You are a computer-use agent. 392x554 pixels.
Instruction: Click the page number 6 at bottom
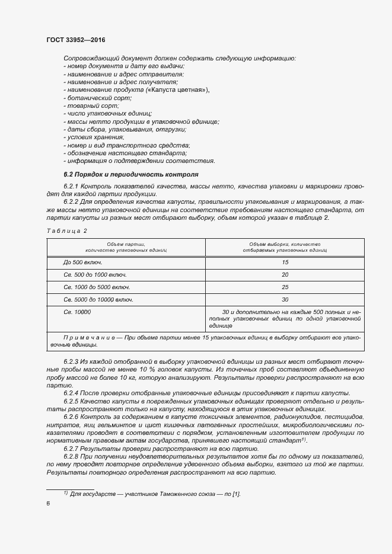click(x=48, y=503)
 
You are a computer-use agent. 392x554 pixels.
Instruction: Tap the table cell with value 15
click(x=285, y=261)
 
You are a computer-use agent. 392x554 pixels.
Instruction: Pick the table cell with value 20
click(x=285, y=274)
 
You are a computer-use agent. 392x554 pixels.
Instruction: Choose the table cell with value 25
click(x=285, y=287)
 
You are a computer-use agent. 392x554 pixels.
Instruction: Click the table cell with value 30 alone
click(x=285, y=299)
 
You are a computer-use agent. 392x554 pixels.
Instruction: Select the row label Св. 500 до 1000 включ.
click(x=95, y=274)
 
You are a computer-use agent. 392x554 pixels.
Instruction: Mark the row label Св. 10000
click(x=77, y=312)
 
